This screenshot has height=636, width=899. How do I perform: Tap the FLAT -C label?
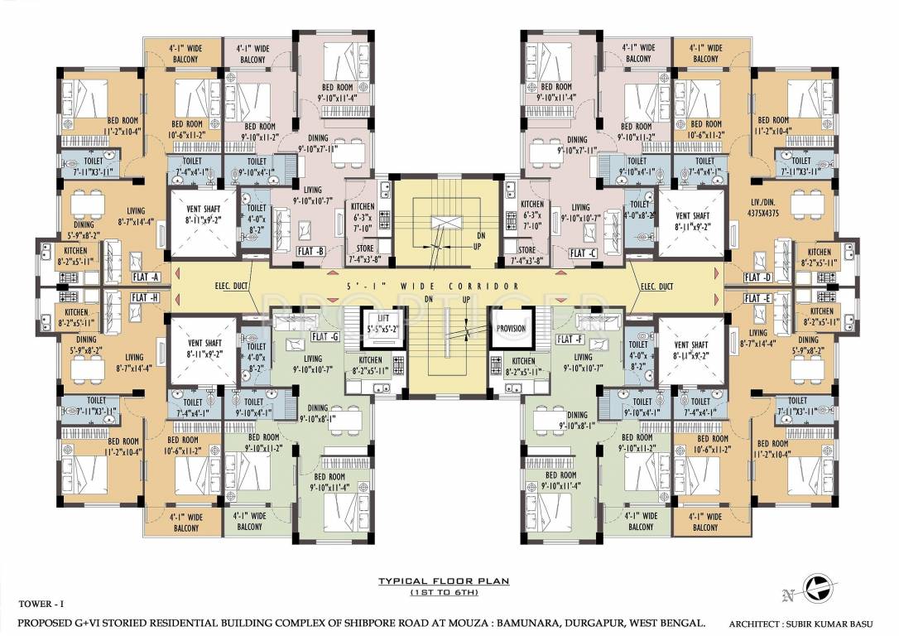click(x=583, y=252)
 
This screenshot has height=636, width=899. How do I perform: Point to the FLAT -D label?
click(x=757, y=277)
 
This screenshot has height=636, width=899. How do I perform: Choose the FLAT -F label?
click(x=570, y=340)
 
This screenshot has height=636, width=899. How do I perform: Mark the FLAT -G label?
click(x=322, y=338)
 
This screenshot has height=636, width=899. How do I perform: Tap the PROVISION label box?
click(x=511, y=328)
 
